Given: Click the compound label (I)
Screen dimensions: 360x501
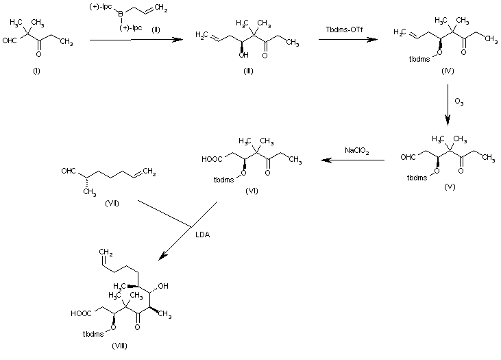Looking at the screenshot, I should tap(36, 72).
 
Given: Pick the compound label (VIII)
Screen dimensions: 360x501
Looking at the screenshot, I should tap(119, 348).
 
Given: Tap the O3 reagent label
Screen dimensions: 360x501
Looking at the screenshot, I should tap(458, 102).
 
